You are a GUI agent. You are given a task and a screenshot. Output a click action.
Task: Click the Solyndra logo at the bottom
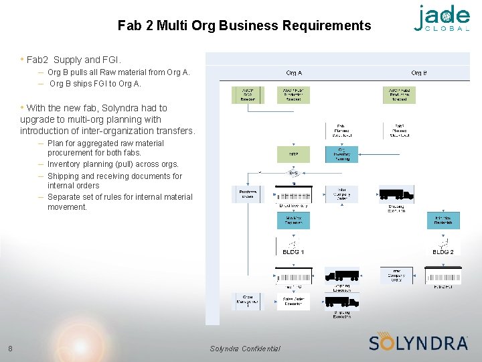click(x=418, y=342)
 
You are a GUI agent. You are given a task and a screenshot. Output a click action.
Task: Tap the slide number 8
click(x=10, y=348)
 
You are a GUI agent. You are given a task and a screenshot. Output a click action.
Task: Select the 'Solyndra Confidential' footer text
click(x=245, y=349)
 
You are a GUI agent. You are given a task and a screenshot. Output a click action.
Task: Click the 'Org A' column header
click(x=293, y=72)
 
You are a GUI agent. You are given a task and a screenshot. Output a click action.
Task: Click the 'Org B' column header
click(x=419, y=72)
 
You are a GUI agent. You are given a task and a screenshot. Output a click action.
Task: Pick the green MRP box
click(x=293, y=154)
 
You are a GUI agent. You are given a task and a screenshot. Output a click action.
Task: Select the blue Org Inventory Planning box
click(x=342, y=154)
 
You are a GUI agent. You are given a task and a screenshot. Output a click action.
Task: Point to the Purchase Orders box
click(x=248, y=194)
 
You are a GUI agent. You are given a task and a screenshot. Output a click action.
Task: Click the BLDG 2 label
click(x=443, y=252)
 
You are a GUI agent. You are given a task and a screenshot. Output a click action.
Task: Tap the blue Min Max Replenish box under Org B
click(x=443, y=220)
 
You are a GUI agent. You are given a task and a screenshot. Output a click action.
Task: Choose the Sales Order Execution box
click(x=293, y=302)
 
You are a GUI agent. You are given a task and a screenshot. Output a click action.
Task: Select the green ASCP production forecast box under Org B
click(x=399, y=95)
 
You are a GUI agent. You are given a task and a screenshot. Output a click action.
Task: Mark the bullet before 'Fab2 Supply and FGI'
click(x=22, y=59)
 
